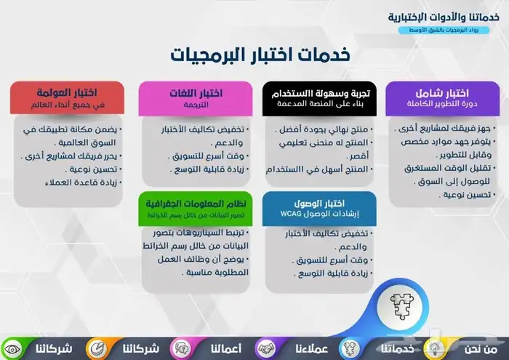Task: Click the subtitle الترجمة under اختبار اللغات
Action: (196, 104)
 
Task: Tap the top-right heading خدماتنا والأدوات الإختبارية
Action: (440, 17)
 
